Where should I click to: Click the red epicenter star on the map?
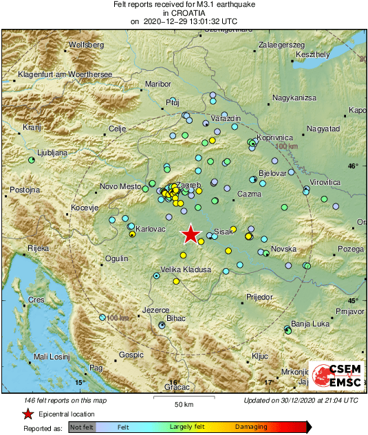(x=190, y=235)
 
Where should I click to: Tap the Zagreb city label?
(x=188, y=186)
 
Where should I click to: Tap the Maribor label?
(x=158, y=84)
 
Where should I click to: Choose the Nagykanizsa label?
(x=294, y=98)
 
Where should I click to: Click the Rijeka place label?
(x=37, y=247)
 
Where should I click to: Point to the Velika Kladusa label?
(x=185, y=270)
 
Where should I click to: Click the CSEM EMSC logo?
(x=336, y=377)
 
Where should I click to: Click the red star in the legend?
(x=28, y=414)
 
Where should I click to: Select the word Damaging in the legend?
(x=251, y=427)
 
